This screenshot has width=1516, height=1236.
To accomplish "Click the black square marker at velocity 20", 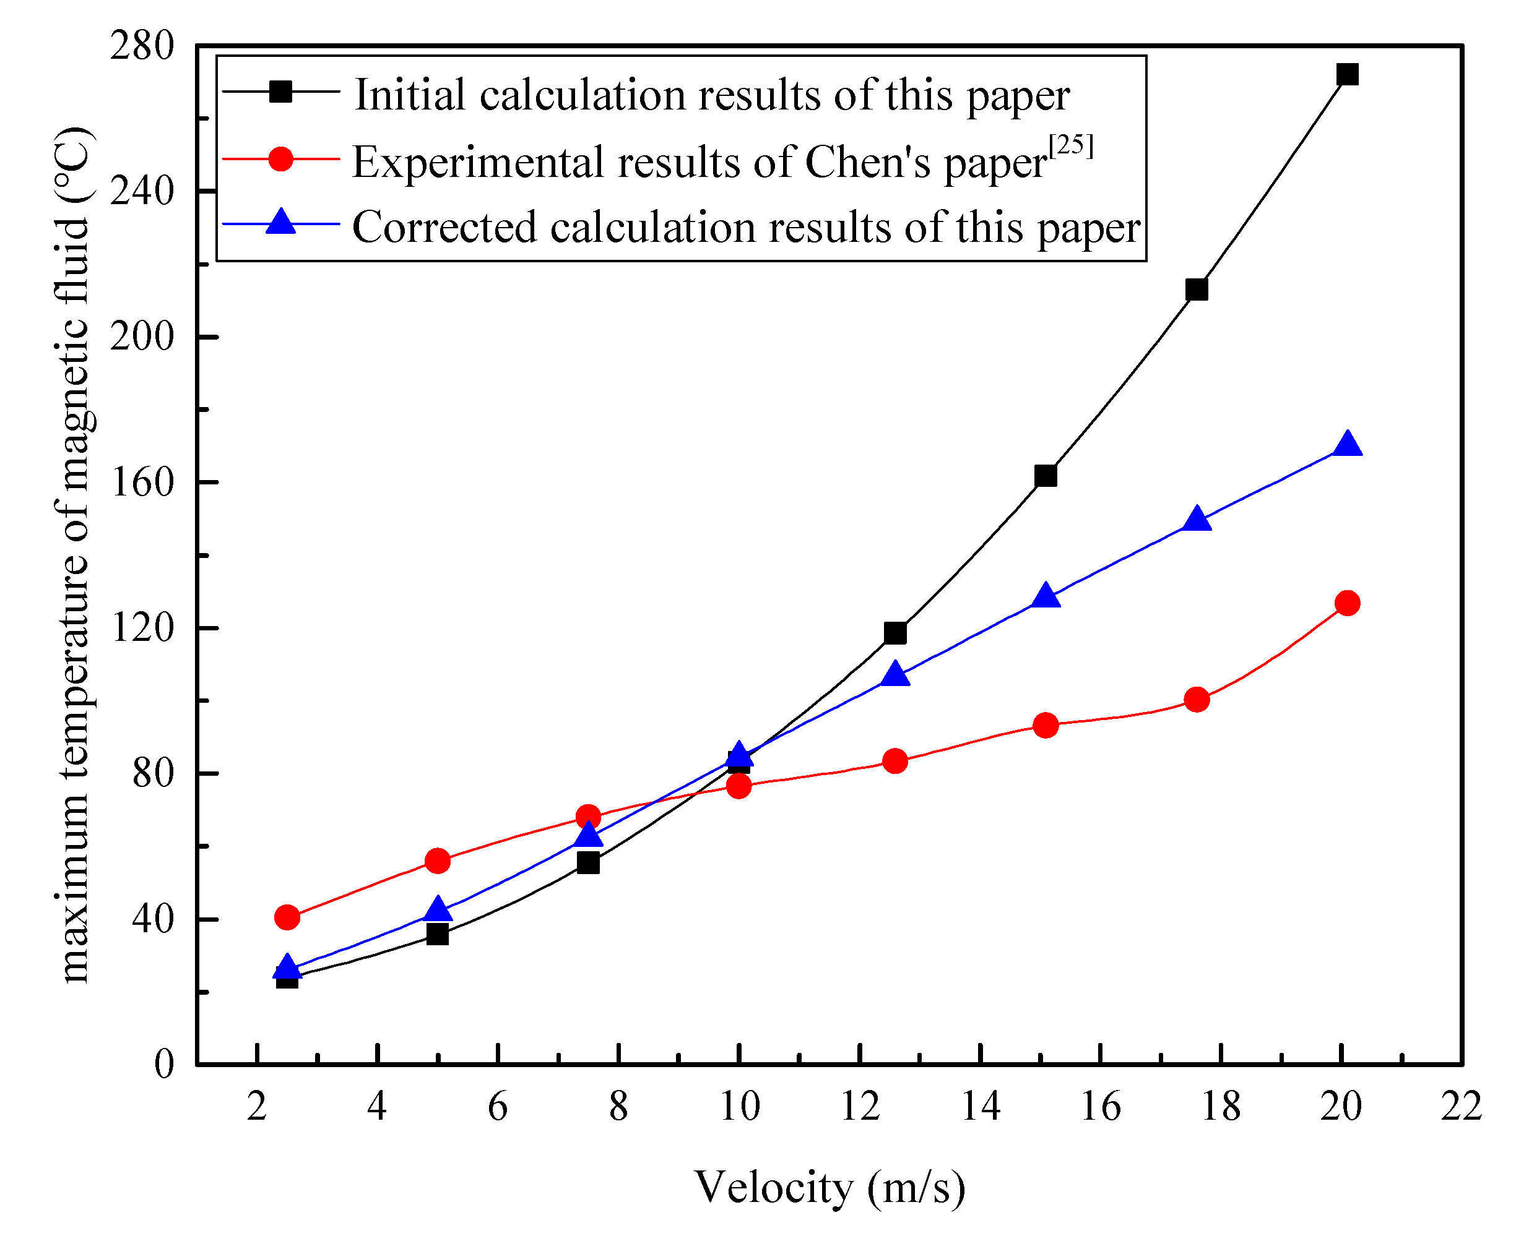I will [x=1347, y=74].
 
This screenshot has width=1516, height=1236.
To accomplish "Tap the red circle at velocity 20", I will [x=1347, y=603].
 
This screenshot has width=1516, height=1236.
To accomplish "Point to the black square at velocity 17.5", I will [x=1197, y=290].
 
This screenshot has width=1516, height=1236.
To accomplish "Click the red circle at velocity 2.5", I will [x=287, y=917].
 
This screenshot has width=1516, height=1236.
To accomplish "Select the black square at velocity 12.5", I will [x=894, y=633].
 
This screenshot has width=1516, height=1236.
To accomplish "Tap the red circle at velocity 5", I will [x=438, y=860].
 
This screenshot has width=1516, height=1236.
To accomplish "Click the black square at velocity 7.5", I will [x=587, y=863].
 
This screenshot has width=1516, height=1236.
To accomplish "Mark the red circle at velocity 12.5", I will [x=894, y=761].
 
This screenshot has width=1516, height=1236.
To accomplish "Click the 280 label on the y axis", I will [x=142, y=46].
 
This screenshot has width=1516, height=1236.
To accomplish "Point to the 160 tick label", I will [x=142, y=483].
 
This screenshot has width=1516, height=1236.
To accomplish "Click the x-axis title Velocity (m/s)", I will [x=830, y=1187].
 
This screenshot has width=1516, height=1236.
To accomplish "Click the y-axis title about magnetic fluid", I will [x=72, y=556].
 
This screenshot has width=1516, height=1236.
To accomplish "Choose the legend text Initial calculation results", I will [x=711, y=95].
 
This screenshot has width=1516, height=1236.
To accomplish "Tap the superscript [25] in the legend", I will [x=1070, y=146].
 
